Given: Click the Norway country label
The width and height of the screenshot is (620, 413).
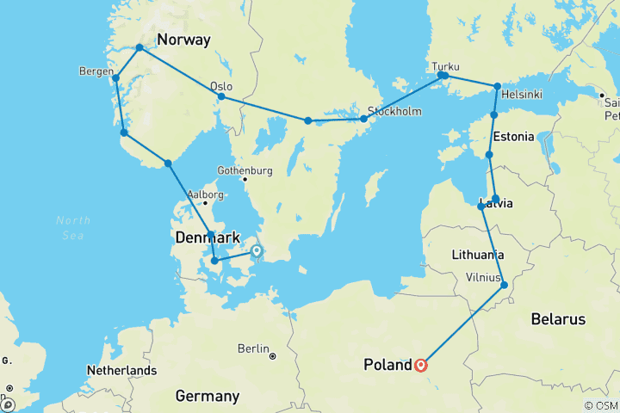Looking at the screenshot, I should pyautogui.click(x=186, y=40).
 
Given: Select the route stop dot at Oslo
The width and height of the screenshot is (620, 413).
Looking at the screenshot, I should pyautogui.click(x=221, y=96).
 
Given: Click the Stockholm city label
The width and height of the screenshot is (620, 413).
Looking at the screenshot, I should pyautogui.click(x=394, y=112).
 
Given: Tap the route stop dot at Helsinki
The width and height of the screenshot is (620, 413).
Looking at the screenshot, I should pyautogui.click(x=498, y=86).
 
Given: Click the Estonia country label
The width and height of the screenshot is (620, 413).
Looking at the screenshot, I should pyautogui.click(x=514, y=136).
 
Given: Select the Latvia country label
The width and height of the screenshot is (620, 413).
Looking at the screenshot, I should pyautogui.click(x=497, y=204).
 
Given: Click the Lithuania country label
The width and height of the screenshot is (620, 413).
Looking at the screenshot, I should pyautogui.click(x=478, y=256).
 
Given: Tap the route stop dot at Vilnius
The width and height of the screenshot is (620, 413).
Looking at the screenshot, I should pyautogui.click(x=505, y=286).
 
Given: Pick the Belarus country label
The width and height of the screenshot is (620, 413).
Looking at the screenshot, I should pyautogui.click(x=558, y=319).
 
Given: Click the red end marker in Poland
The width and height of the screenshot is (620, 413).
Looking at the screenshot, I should pyautogui.click(x=421, y=365).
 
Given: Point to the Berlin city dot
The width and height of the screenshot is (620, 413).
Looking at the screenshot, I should pyautogui.click(x=272, y=355).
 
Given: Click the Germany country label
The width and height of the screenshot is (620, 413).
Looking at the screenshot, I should pyautogui.click(x=207, y=396).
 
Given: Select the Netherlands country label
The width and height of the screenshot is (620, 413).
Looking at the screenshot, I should pyautogui.click(x=121, y=371).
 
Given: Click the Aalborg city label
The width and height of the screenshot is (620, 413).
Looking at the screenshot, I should pyautogui.click(x=207, y=194).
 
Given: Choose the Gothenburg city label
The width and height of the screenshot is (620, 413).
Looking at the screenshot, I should pyautogui.click(x=245, y=170).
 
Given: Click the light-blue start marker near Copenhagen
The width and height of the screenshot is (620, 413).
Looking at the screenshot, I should pyautogui.click(x=256, y=251).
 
